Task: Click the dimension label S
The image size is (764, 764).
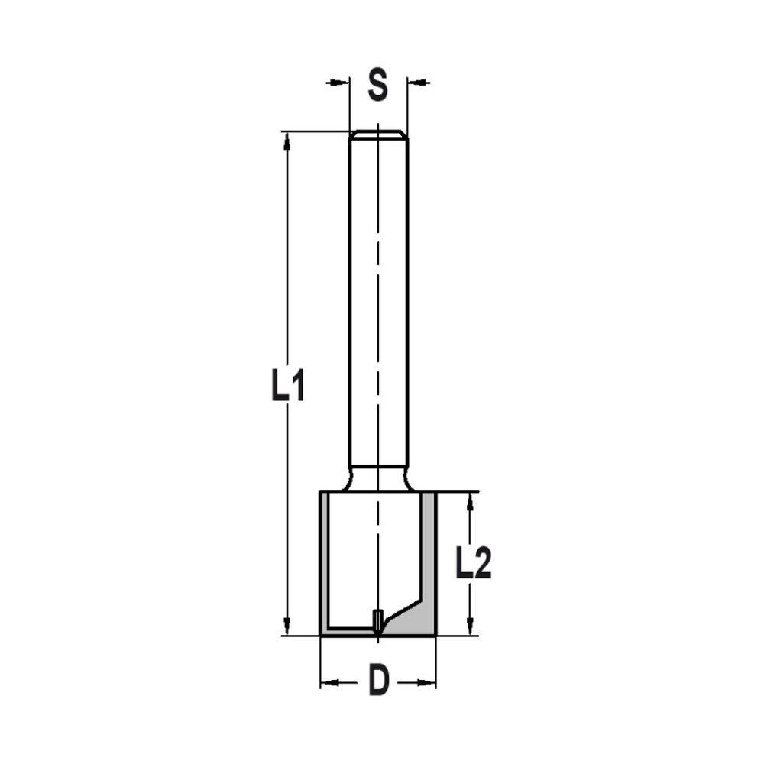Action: tap(377, 84)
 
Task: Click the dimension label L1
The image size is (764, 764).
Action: tap(288, 386)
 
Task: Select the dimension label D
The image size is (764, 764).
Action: tap(378, 681)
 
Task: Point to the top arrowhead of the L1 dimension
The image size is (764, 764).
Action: tap(287, 139)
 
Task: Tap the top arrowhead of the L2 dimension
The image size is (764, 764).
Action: tap(471, 500)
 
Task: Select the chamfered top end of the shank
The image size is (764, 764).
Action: tap(378, 135)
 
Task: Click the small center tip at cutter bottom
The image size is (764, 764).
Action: tap(377, 622)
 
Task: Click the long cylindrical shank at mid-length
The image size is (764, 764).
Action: tap(378, 306)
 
